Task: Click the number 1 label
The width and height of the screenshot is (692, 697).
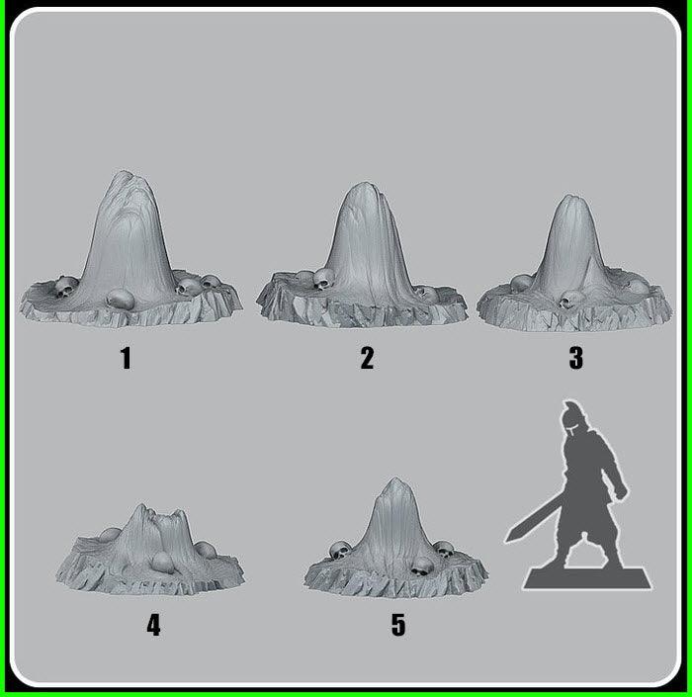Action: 126,358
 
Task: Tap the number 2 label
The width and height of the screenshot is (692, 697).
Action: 367,358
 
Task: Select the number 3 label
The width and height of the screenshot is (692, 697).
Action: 575,358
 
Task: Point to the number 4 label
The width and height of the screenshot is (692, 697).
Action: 153,625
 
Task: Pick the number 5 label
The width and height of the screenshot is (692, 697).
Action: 397,625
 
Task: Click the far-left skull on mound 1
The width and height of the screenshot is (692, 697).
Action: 65,288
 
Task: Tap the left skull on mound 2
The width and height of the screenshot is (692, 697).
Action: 322,280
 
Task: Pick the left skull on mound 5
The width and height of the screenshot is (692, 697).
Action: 339,551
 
